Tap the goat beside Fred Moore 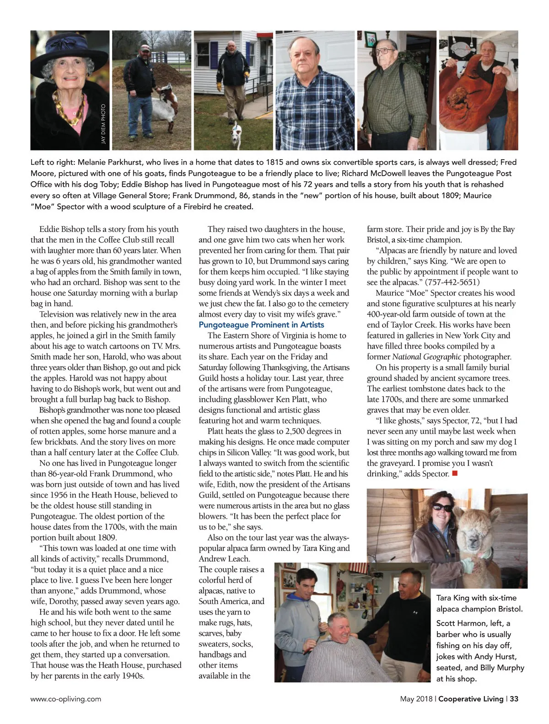(x=162, y=108)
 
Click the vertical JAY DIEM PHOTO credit (x=103, y=124)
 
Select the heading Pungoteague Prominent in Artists (x=261, y=324)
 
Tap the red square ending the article (x=455, y=473)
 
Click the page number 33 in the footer (x=514, y=699)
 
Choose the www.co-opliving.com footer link (x=66, y=699)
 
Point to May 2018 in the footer (x=416, y=699)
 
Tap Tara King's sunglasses (x=442, y=507)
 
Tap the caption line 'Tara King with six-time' (x=476, y=598)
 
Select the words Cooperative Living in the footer (x=471, y=699)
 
